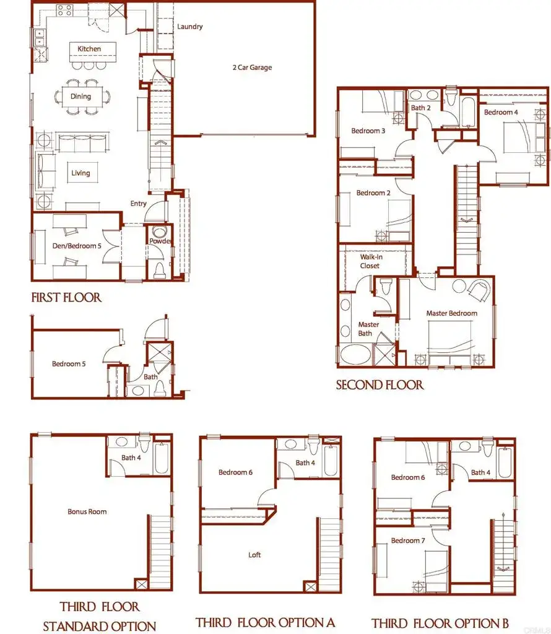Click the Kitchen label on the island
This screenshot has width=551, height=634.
click(89, 49)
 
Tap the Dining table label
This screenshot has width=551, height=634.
click(80, 97)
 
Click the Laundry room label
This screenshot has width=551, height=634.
click(189, 27)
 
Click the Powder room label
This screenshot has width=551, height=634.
click(159, 241)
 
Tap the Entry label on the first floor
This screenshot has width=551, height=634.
click(138, 204)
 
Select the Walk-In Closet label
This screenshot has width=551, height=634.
click(370, 261)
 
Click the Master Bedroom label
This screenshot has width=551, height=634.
click(451, 313)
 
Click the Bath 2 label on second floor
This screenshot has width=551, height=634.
click(420, 108)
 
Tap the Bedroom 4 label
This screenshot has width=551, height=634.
click(501, 112)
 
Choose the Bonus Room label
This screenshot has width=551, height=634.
click(87, 511)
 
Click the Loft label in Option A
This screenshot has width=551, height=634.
click(254, 555)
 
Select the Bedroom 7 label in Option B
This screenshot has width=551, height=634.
click(408, 541)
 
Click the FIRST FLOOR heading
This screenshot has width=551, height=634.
click(66, 298)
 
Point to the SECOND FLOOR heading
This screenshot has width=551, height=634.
click(380, 385)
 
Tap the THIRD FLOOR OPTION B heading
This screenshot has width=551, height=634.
click(440, 623)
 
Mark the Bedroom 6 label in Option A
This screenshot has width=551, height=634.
click(235, 472)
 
